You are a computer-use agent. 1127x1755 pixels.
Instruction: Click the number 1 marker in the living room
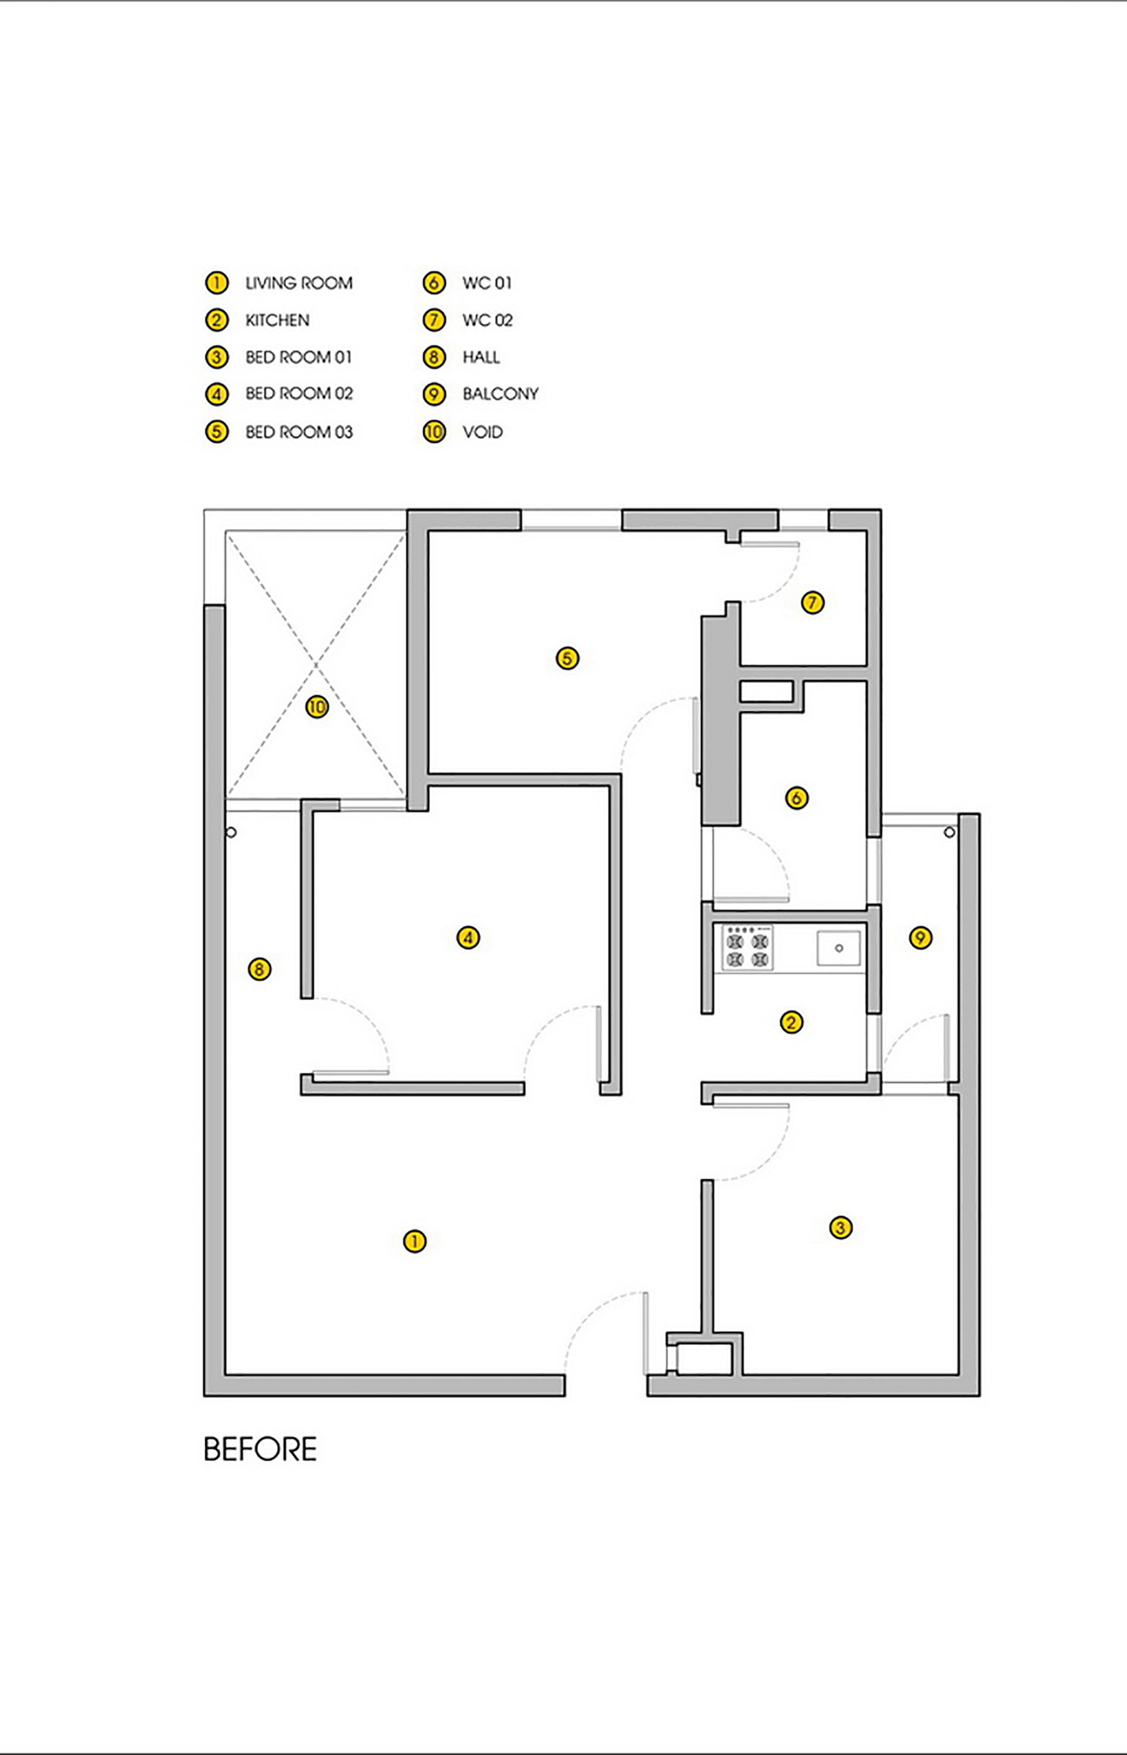pyautogui.click(x=415, y=1241)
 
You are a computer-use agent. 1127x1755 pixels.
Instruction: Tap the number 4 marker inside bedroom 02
pyautogui.click(x=468, y=937)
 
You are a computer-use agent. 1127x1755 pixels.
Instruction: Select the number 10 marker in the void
pyautogui.click(x=317, y=707)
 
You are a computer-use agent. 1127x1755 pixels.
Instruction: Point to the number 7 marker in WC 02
pyautogui.click(x=813, y=603)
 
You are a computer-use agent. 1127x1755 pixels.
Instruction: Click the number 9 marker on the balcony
pyautogui.click(x=921, y=937)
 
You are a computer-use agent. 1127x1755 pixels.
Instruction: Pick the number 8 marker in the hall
pyautogui.click(x=260, y=969)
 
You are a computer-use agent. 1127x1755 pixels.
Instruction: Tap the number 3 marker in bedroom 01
pyautogui.click(x=841, y=1228)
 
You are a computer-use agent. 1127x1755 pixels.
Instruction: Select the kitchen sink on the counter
pyautogui.click(x=839, y=948)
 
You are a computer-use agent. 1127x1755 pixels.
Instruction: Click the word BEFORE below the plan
pyautogui.click(x=261, y=1449)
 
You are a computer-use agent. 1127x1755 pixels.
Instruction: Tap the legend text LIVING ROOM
pyautogui.click(x=299, y=283)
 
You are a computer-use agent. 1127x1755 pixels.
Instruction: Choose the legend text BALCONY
pyautogui.click(x=500, y=394)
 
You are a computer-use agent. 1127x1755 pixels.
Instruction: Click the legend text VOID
pyautogui.click(x=483, y=432)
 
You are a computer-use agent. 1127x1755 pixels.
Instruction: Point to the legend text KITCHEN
pyautogui.click(x=277, y=320)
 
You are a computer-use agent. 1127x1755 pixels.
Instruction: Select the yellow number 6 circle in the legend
pyautogui.click(x=434, y=283)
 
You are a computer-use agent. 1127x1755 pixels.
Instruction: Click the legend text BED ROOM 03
pyautogui.click(x=299, y=432)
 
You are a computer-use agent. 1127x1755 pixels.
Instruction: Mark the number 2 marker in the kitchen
pyautogui.click(x=791, y=1022)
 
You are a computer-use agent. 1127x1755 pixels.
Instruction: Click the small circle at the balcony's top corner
pyautogui.click(x=949, y=832)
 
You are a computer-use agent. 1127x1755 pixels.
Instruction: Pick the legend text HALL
pyautogui.click(x=482, y=357)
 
